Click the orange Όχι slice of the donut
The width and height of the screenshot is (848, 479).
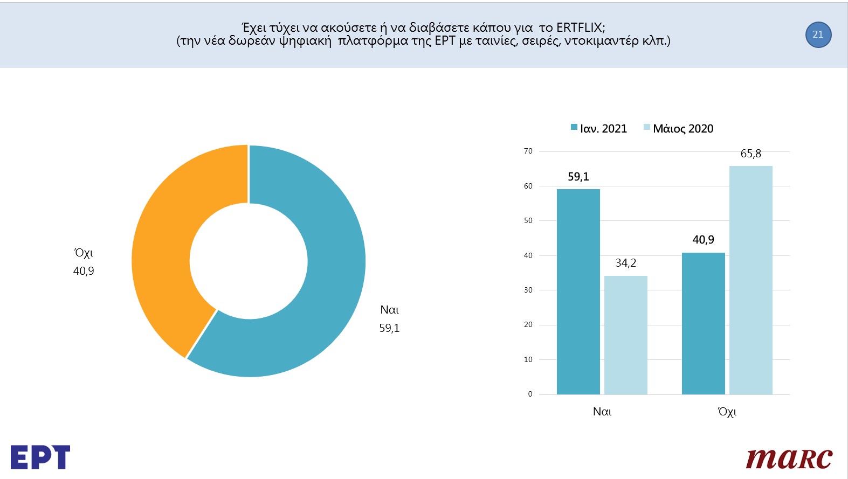(162, 242)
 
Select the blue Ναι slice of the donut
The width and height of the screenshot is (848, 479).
(329, 280)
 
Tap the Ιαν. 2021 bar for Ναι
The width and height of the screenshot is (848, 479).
(578, 291)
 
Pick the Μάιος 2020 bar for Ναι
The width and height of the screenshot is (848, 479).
(625, 334)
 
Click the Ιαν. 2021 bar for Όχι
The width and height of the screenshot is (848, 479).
(703, 323)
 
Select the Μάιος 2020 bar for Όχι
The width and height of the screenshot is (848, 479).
(750, 280)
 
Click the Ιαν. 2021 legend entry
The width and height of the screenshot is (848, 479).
(599, 129)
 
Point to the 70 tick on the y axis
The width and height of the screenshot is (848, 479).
(528, 151)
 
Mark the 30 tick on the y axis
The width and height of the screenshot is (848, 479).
(528, 290)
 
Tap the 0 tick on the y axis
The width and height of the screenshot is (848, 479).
(530, 394)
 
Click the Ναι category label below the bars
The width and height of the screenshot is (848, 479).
(602, 412)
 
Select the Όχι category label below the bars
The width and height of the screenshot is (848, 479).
(727, 412)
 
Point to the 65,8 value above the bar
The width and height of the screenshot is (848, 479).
(750, 154)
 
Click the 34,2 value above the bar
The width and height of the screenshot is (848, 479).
(625, 263)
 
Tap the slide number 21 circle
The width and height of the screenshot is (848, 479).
(818, 34)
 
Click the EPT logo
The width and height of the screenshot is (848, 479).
(40, 457)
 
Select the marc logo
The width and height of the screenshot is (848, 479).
(789, 458)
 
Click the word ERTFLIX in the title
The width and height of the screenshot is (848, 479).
(580, 27)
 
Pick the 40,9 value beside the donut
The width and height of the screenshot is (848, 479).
(84, 271)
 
